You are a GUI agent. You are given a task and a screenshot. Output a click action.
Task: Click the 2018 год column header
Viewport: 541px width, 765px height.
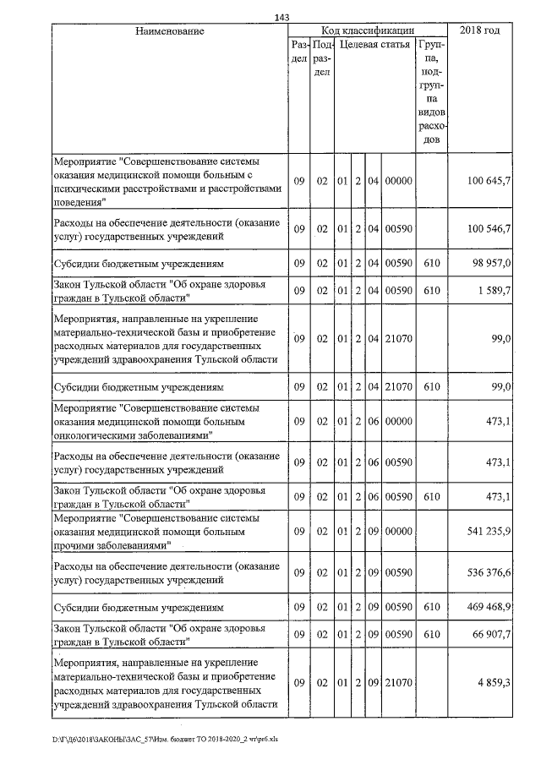coord(479,30)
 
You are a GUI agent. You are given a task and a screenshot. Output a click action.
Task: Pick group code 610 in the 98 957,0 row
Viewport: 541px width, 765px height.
coord(432,265)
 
